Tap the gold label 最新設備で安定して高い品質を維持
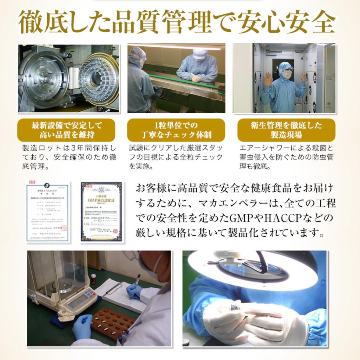pos(67,130)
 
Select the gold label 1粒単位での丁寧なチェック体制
pos(176,130)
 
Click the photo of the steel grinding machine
pos(68,78)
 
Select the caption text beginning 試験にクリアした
pos(176,157)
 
